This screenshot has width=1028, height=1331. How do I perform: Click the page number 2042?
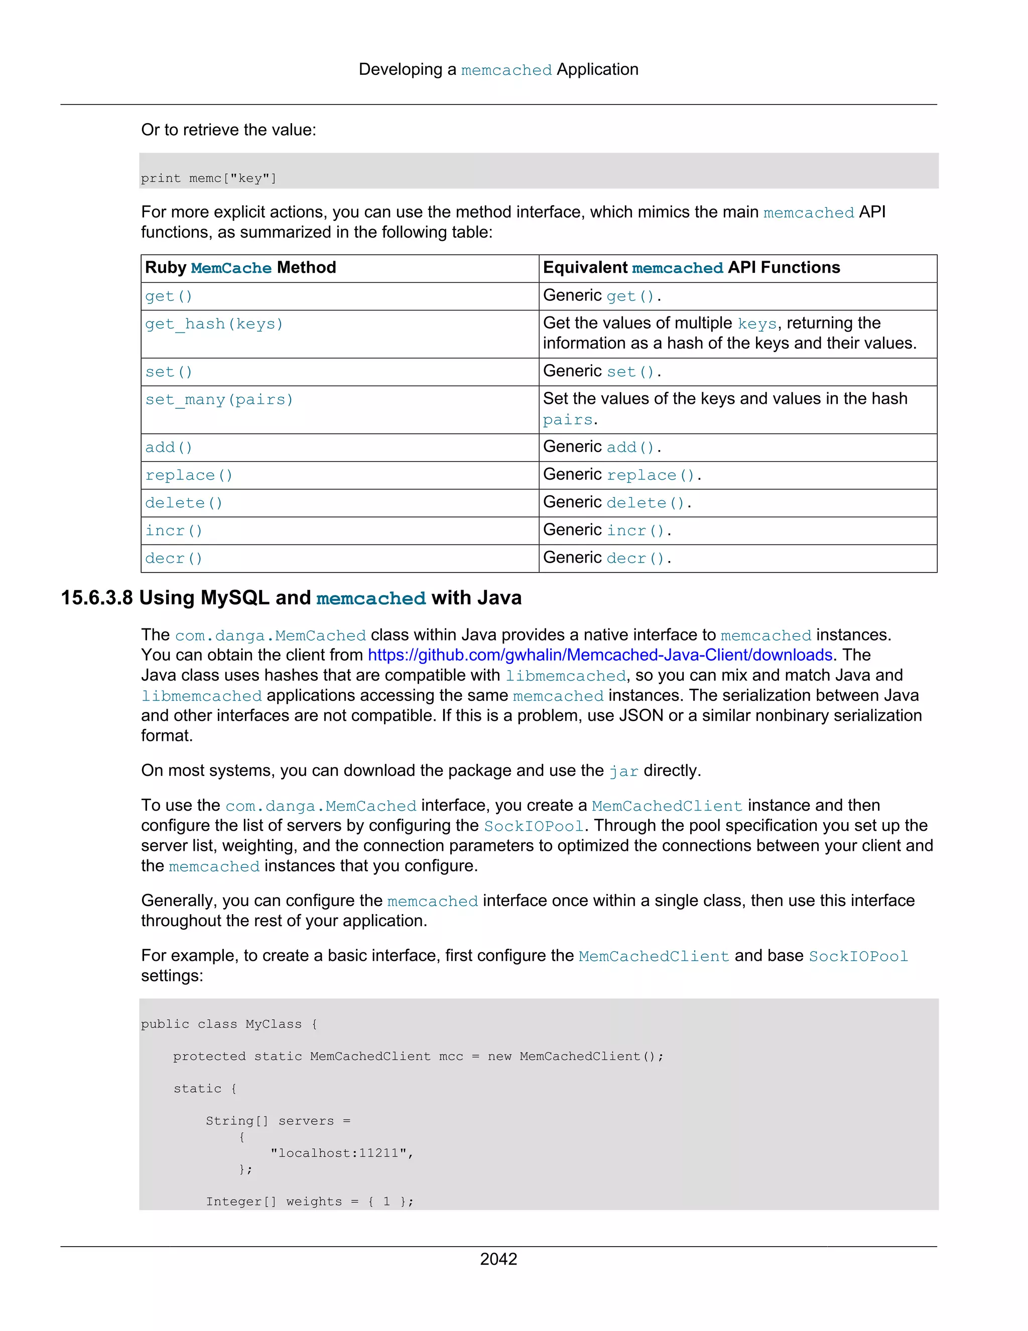[x=498, y=1259]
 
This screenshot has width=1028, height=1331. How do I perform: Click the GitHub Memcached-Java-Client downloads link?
[x=600, y=655]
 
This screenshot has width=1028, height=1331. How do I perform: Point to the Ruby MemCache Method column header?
[x=240, y=268]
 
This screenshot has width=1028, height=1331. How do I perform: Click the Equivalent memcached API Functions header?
[x=691, y=268]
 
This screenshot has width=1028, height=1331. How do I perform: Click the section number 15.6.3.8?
[x=97, y=598]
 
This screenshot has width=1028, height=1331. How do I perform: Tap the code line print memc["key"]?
[x=209, y=179]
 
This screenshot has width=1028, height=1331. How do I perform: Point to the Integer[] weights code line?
[x=309, y=1201]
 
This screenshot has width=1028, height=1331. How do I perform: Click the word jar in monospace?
[x=623, y=771]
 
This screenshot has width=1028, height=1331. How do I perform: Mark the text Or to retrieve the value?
[x=228, y=130]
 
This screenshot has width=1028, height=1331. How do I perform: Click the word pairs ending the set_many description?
[x=568, y=420]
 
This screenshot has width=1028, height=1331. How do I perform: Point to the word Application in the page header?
[x=597, y=69]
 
